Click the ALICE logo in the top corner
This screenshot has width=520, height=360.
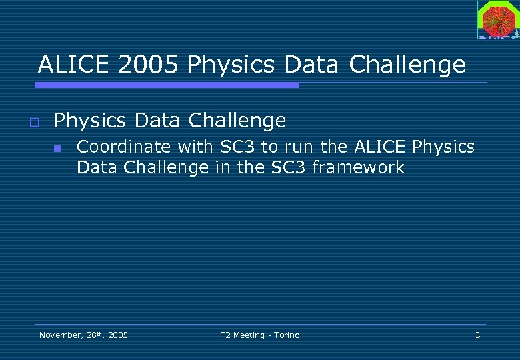pyautogui.click(x=497, y=20)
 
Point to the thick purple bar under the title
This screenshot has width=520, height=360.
pyautogui.click(x=167, y=85)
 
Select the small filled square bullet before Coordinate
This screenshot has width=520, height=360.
pyautogui.click(x=57, y=149)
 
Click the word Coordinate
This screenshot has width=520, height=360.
pyautogui.click(x=124, y=147)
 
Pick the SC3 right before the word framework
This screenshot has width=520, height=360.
pyautogui.click(x=289, y=167)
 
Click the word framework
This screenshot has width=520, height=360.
pyautogui.click(x=358, y=167)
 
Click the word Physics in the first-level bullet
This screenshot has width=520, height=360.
pyautogui.click(x=89, y=121)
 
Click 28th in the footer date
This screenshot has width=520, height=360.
pyautogui.click(x=94, y=335)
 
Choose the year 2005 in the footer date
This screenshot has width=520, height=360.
pyautogui.click(x=118, y=335)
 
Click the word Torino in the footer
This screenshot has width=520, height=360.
pyautogui.click(x=285, y=335)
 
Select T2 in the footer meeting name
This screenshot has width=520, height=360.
pyautogui.click(x=225, y=335)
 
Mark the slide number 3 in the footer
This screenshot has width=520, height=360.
pyautogui.click(x=477, y=335)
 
